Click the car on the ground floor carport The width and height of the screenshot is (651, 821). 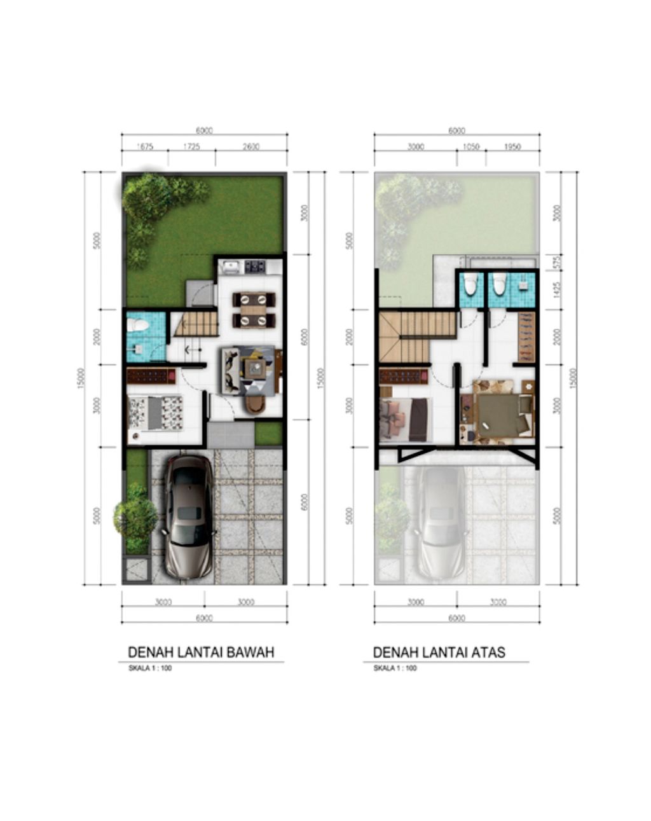[188, 516]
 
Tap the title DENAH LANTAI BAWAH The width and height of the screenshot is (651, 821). [201, 652]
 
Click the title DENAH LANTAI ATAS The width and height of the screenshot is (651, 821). [439, 652]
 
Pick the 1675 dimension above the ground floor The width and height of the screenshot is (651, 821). [145, 147]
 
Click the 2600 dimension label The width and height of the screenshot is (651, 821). [250, 147]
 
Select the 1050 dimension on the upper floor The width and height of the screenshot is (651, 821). [471, 147]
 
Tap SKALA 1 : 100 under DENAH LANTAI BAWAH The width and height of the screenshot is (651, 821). [150, 668]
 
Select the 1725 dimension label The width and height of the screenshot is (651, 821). [191, 147]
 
